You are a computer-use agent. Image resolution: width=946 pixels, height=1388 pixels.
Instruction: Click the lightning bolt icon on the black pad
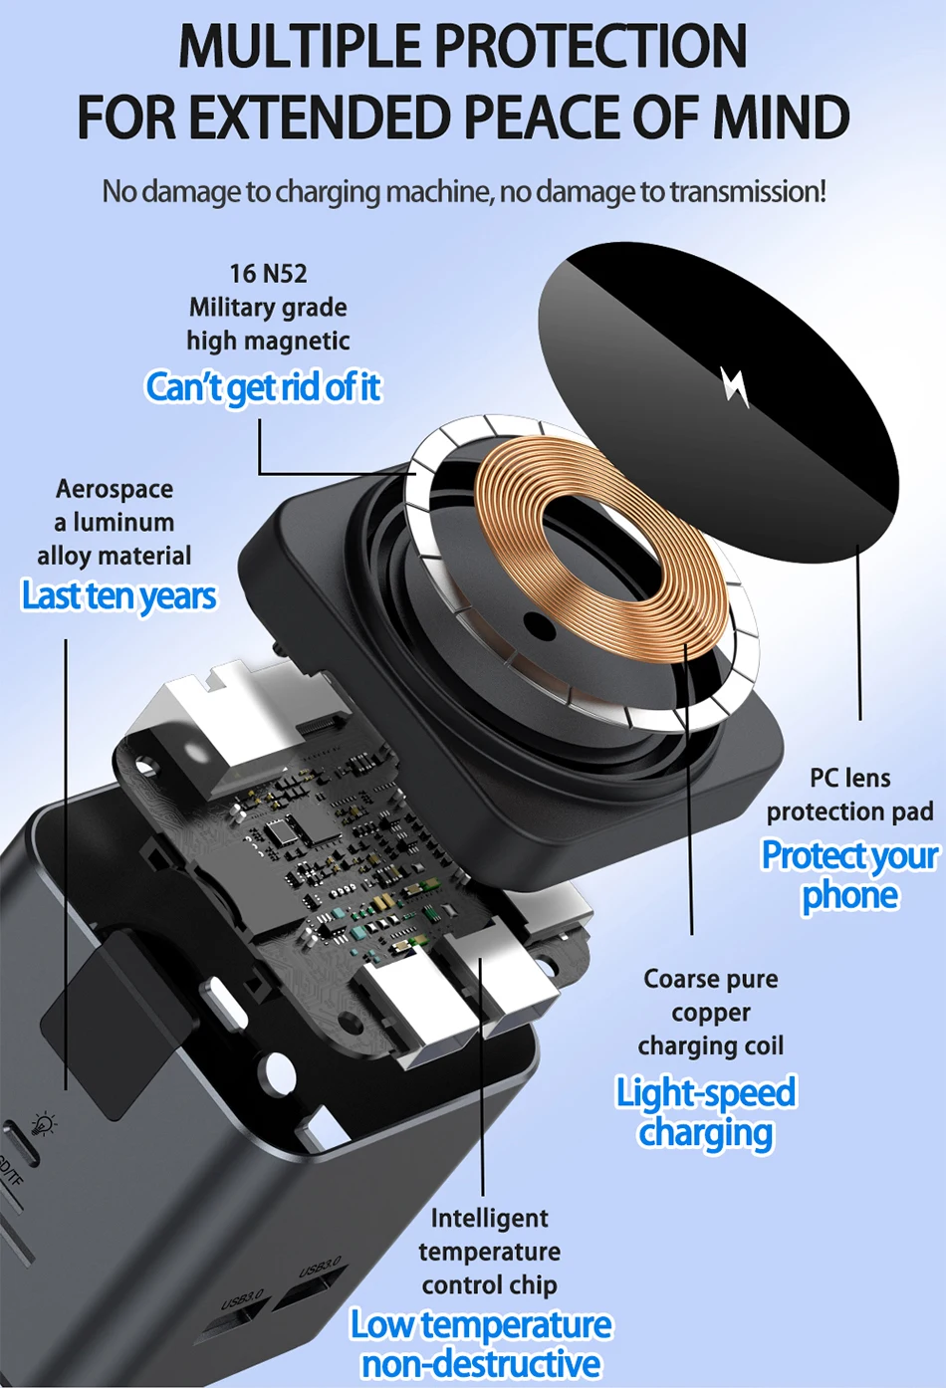(x=735, y=386)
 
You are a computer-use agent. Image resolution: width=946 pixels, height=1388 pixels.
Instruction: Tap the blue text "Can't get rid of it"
(x=263, y=386)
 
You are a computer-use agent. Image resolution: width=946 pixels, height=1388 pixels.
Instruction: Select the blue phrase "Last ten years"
(x=118, y=595)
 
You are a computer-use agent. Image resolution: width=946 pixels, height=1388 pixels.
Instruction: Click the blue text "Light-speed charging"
(x=706, y=1112)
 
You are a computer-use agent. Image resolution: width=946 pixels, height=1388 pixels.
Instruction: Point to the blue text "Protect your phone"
(x=849, y=874)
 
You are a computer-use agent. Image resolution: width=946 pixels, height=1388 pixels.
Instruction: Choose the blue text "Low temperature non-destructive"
(x=481, y=1343)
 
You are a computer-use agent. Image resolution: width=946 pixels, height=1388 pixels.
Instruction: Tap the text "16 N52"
(x=268, y=273)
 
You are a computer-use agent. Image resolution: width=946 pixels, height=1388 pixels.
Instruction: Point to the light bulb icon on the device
(x=43, y=1124)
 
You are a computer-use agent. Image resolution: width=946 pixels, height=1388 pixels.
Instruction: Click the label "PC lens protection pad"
(x=849, y=795)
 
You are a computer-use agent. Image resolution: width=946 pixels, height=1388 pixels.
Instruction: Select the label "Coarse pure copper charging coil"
(x=710, y=1012)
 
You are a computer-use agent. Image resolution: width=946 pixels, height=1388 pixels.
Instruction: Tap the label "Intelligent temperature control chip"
(x=489, y=1251)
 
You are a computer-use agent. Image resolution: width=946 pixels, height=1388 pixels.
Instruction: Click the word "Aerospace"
(x=115, y=489)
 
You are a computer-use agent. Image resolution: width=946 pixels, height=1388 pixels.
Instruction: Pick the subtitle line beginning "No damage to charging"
(x=464, y=191)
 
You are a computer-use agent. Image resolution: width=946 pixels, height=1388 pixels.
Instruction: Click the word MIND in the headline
(x=781, y=117)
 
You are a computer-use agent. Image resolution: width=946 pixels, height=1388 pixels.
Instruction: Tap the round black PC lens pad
(x=718, y=378)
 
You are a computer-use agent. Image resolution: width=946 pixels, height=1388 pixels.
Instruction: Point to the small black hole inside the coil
(x=539, y=626)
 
